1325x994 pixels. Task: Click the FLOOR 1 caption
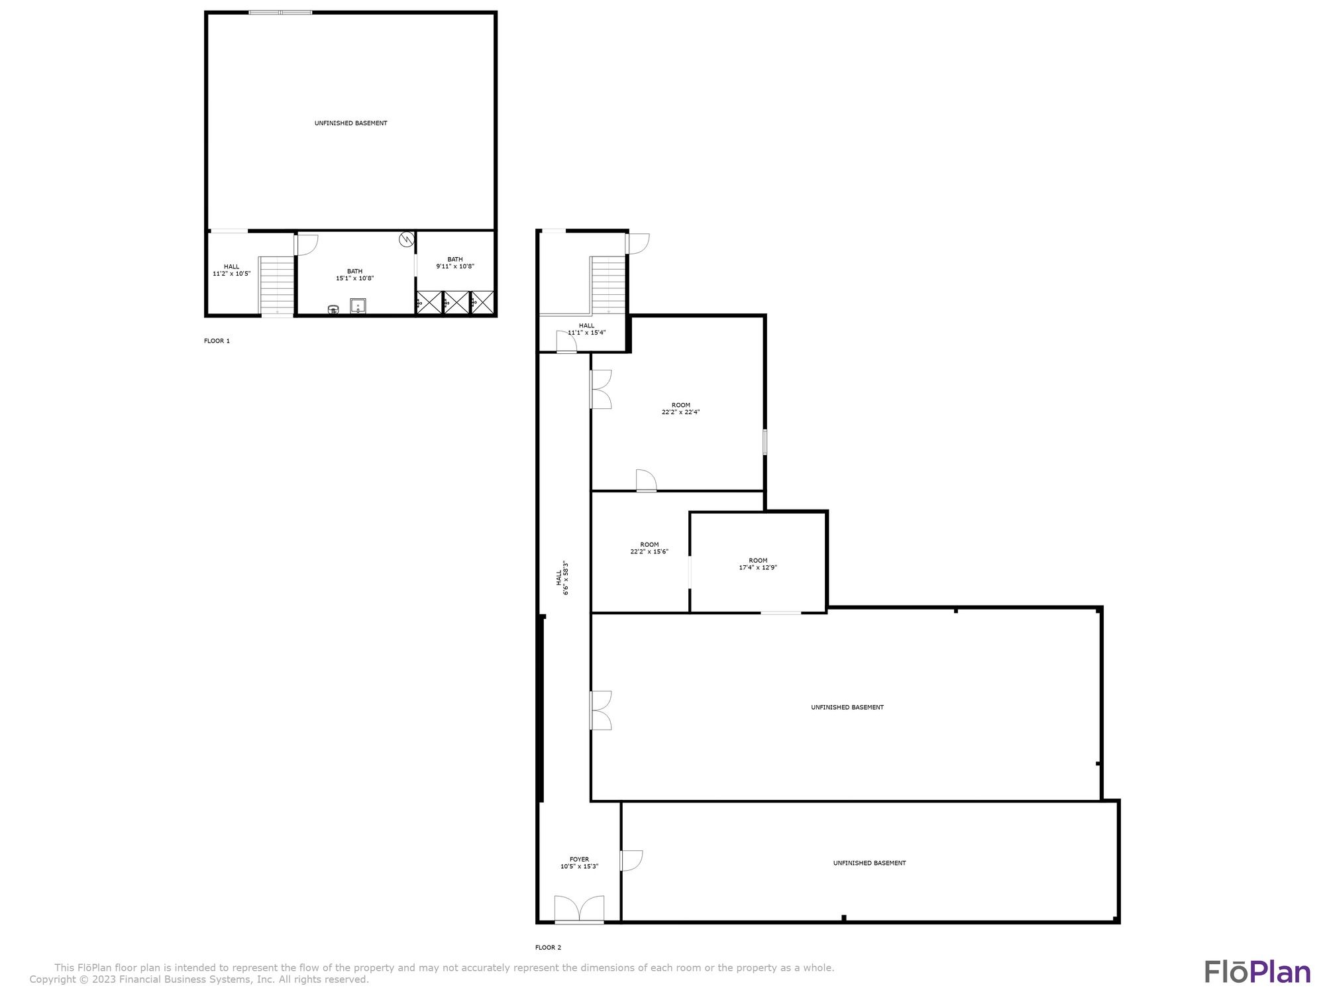[217, 341]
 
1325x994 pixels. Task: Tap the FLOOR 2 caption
[548, 948]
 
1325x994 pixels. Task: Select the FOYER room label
[579, 859]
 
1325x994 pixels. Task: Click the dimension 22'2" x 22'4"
[680, 412]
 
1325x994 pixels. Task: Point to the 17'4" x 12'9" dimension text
[758, 567]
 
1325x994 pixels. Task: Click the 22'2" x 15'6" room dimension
[649, 551]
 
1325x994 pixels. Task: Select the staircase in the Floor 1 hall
[276, 286]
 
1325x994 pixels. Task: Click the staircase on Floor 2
[608, 285]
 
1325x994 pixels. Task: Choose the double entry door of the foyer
[579, 909]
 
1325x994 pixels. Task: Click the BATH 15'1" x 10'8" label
[354, 275]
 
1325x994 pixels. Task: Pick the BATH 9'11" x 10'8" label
[455, 263]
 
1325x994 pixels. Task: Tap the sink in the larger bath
[358, 306]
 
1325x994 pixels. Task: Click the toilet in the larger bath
[333, 309]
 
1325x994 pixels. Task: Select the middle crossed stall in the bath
[456, 303]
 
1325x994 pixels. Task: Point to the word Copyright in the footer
[54, 979]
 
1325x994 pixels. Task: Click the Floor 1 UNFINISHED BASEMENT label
[350, 123]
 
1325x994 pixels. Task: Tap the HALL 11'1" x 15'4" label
[586, 329]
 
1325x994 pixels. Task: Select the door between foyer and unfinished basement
[631, 860]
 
